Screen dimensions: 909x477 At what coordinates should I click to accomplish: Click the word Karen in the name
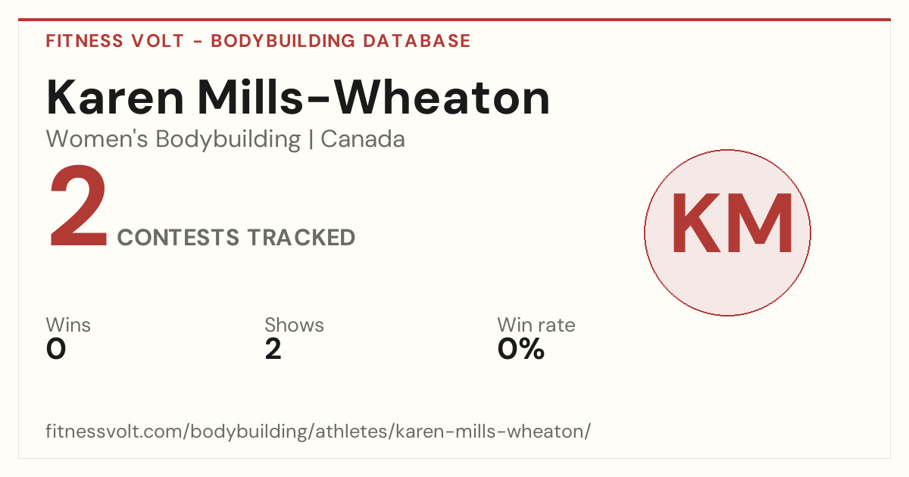[115, 98]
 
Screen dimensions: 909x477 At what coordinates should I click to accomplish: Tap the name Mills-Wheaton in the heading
[373, 98]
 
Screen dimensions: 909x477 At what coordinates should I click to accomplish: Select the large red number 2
[78, 205]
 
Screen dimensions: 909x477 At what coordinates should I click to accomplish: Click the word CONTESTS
[178, 237]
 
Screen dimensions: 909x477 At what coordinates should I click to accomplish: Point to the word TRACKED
[301, 237]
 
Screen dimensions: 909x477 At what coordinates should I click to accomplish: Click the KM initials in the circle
[732, 223]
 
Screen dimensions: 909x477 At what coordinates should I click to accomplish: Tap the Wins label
[68, 325]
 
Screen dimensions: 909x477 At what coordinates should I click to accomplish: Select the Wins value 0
[56, 349]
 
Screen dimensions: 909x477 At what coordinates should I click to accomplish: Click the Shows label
[294, 325]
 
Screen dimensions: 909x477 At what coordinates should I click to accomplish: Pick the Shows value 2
[273, 349]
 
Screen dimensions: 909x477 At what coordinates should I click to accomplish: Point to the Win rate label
[536, 325]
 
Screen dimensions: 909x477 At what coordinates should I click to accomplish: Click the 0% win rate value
[521, 349]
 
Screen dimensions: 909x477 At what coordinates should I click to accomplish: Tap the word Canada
[363, 139]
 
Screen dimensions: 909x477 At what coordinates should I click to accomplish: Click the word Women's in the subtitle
[97, 139]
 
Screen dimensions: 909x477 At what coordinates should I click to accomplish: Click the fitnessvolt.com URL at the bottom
[318, 431]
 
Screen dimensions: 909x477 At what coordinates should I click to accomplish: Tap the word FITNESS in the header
[84, 41]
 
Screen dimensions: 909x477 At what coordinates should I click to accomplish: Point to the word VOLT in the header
[158, 41]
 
